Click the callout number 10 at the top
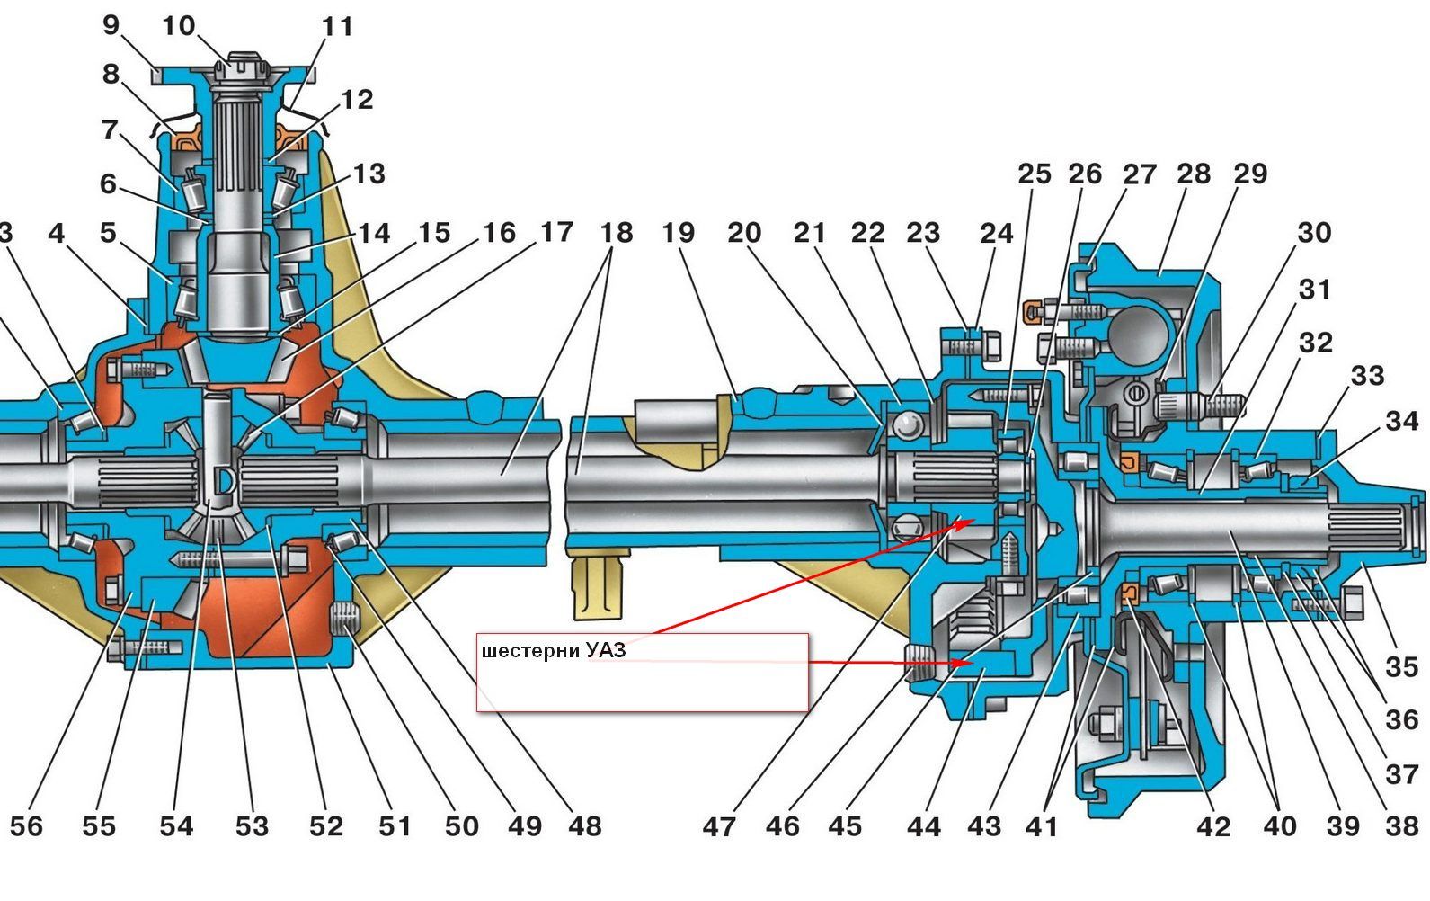pyautogui.click(x=178, y=25)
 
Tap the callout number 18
pyautogui.click(x=617, y=233)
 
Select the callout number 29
pyautogui.click(x=1250, y=174)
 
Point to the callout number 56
pyautogui.click(x=26, y=825)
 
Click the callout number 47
pyautogui.click(x=719, y=825)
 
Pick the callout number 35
pyautogui.click(x=1400, y=666)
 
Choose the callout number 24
pyautogui.click(x=996, y=233)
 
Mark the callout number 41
pyautogui.click(x=1042, y=825)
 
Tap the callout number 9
pyautogui.click(x=111, y=25)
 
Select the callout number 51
pyautogui.click(x=394, y=825)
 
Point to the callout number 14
pyautogui.click(x=373, y=233)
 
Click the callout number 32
pyautogui.click(x=1316, y=343)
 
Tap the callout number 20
pyautogui.click(x=744, y=233)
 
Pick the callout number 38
pyautogui.click(x=1400, y=825)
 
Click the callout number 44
pyautogui.click(x=923, y=825)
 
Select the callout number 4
pyautogui.click(x=57, y=234)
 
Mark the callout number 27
pyautogui.click(x=1139, y=174)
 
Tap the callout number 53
pyautogui.click(x=252, y=825)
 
